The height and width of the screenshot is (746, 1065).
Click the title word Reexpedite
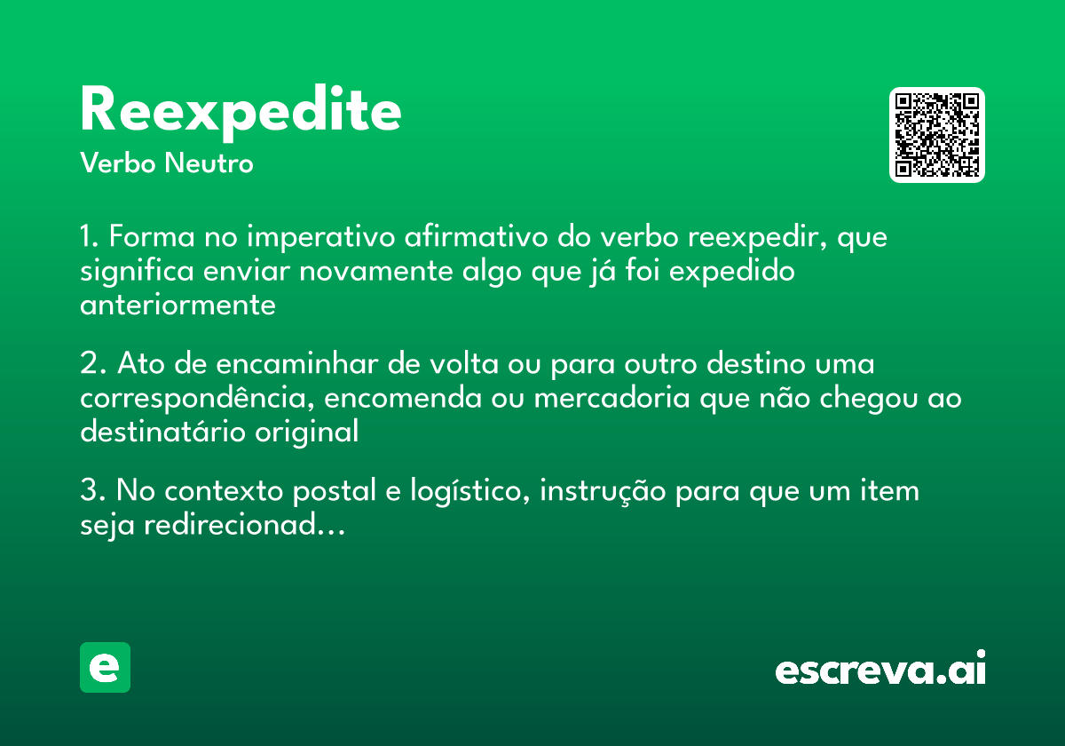(241, 112)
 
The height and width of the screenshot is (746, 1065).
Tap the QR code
(937, 135)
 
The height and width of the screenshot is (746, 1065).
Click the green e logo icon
(105, 667)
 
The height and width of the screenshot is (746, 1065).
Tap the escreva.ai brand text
(880, 670)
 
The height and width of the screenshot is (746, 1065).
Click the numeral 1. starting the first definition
(91, 238)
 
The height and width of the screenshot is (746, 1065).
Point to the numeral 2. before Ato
(93, 365)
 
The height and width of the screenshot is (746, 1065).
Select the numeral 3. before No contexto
(93, 491)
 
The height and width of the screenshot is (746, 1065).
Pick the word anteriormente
(177, 305)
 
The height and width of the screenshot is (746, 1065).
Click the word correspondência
(195, 399)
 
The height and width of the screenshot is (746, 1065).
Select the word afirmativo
(477, 238)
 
